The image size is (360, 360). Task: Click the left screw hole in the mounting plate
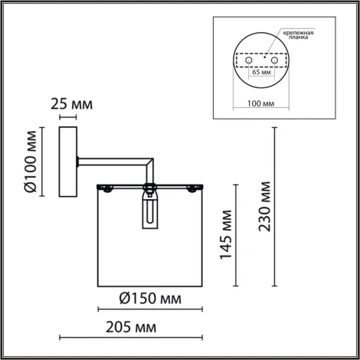247,60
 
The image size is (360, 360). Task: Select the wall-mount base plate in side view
69,162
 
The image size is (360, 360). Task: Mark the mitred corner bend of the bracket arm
152,162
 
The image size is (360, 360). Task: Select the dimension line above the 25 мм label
68,117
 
